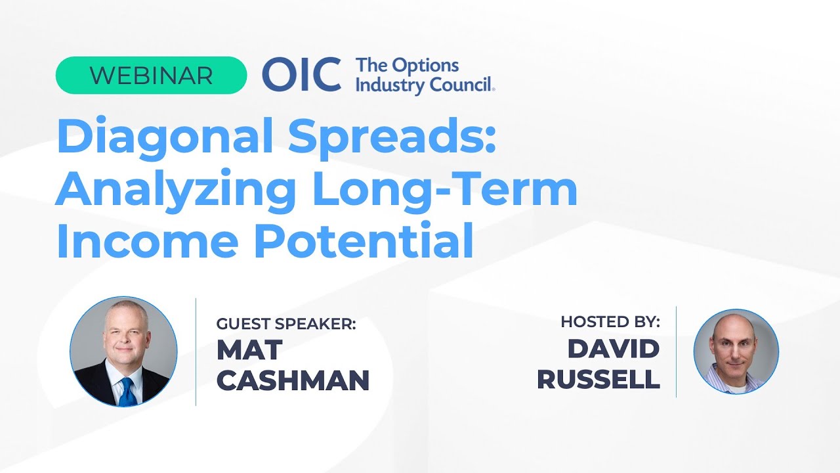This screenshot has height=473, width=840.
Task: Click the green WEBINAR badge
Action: coord(151,76)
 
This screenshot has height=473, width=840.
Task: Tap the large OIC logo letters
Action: coord(301,75)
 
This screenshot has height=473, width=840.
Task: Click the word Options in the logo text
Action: coord(425,66)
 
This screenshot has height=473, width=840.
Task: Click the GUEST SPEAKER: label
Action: coord(286,324)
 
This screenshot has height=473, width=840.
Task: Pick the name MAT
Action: coord(249,350)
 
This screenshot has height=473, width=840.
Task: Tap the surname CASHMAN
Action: coord(293,380)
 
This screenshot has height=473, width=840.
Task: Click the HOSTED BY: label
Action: coord(610,322)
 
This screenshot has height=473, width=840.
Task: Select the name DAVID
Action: coord(613,349)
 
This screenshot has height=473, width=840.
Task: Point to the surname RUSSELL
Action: coord(598,380)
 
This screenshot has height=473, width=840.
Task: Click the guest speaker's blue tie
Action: coord(127,392)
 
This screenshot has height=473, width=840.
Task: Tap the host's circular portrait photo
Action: coord(736,351)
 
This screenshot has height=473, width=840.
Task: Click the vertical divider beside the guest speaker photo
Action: coord(196,351)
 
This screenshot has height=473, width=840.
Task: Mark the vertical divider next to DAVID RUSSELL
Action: coord(676,351)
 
